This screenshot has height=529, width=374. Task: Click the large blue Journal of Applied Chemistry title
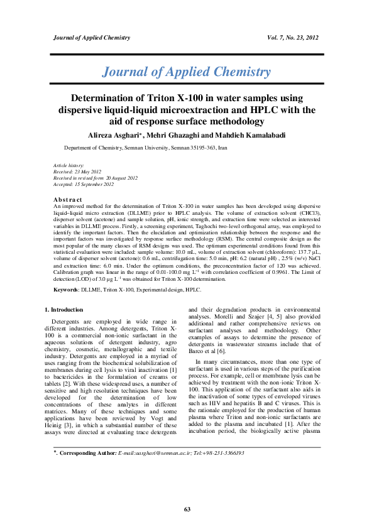click(x=187, y=72)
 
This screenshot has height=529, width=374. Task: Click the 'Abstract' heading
click(x=68, y=199)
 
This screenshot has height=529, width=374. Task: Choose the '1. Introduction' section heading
click(x=65, y=309)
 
